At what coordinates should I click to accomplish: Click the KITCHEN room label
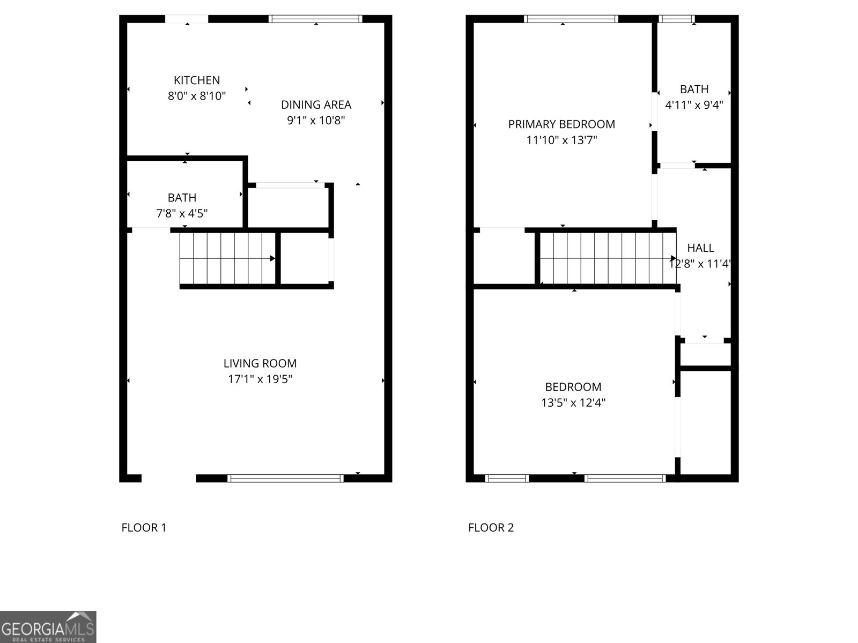[197, 80]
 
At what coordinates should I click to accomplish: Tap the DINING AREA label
[316, 104]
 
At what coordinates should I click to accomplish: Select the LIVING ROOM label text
[260, 363]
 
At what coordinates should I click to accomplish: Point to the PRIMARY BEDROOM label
[561, 124]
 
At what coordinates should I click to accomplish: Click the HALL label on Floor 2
[700, 248]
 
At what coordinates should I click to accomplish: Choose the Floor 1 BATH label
[182, 198]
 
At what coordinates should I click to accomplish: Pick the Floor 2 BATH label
[694, 89]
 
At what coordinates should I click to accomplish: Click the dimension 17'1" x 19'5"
[260, 379]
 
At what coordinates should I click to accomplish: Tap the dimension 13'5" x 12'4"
[573, 403]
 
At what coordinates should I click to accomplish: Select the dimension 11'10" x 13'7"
[561, 140]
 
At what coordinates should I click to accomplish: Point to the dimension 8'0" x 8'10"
[197, 96]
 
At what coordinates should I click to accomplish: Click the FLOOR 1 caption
[144, 528]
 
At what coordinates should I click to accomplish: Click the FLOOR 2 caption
[491, 528]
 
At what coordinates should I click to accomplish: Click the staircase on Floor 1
[228, 258]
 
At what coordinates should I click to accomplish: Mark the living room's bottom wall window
[285, 478]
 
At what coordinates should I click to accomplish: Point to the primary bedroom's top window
[571, 19]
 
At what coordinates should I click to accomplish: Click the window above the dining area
[315, 19]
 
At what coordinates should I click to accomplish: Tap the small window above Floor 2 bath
[677, 19]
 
